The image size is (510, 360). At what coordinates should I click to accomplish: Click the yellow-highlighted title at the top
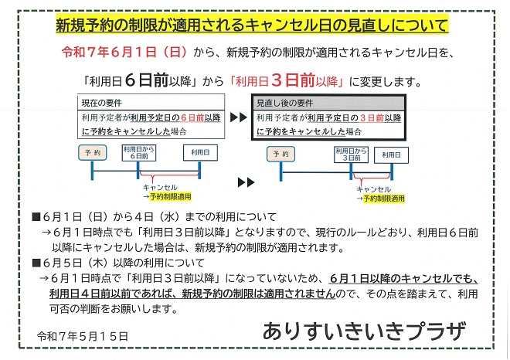[252, 25]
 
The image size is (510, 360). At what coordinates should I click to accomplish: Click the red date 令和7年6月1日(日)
[124, 52]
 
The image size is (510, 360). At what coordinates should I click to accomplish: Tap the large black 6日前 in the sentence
[146, 80]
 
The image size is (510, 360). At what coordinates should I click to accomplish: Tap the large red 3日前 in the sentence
[293, 80]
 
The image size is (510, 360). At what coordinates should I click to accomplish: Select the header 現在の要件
[102, 103]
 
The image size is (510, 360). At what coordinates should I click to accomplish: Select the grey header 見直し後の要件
[284, 103]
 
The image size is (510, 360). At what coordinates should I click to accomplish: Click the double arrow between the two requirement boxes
[239, 117]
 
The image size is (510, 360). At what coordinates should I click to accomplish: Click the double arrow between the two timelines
[246, 182]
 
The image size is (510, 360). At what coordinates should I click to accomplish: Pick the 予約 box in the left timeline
[93, 152]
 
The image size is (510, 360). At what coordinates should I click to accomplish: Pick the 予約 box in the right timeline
[280, 154]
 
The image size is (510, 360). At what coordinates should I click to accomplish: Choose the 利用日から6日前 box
[139, 153]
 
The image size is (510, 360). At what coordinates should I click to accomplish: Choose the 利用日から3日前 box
[352, 155]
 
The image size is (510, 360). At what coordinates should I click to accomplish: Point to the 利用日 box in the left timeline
[200, 152]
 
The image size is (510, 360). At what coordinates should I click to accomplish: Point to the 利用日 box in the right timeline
[391, 155]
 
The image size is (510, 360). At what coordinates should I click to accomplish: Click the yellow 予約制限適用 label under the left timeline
[171, 196]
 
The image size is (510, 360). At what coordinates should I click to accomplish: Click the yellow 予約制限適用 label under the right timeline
[384, 199]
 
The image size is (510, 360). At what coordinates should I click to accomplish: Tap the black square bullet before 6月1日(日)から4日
[36, 216]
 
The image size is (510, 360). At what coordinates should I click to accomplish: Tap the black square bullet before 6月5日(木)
[36, 263]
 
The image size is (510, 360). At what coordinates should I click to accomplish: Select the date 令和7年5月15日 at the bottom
[83, 336]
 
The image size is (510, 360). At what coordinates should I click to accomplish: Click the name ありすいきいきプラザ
[364, 331]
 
